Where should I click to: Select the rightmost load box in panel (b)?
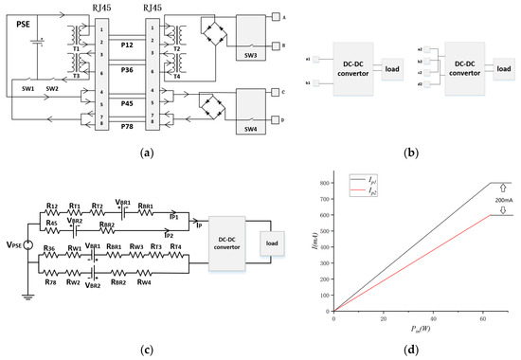(x=501, y=70)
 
